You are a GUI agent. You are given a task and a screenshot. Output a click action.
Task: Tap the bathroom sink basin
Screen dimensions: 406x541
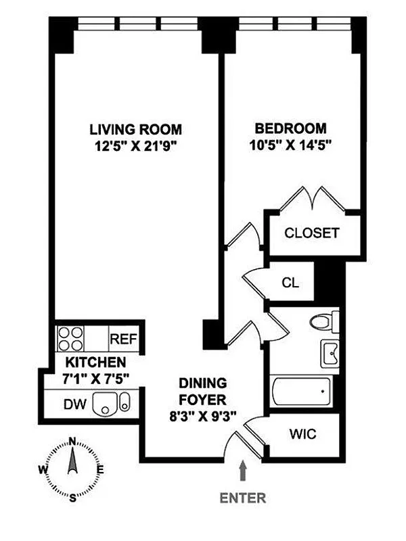330,354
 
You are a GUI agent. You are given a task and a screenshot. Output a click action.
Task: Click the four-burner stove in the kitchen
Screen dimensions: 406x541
70,339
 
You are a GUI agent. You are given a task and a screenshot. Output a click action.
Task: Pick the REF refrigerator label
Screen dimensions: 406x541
124,339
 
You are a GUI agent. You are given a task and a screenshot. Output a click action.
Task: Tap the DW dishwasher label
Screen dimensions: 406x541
75,404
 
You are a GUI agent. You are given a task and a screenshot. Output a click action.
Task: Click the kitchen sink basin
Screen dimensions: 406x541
106,404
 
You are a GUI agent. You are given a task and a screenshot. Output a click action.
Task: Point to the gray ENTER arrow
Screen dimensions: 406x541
244,470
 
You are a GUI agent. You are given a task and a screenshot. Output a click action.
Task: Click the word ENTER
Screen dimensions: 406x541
243,498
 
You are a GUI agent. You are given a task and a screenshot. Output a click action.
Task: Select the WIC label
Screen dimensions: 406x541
302,433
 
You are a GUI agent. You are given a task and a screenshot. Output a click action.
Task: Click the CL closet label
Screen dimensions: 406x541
290,283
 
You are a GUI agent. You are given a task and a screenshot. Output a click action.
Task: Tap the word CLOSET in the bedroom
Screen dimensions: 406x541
312,233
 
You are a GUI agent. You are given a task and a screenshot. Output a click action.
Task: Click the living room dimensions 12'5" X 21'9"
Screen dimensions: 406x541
136,146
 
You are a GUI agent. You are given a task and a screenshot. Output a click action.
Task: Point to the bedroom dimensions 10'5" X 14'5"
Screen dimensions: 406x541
290,145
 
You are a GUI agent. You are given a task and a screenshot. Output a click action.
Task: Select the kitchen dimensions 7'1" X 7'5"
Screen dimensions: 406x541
95,379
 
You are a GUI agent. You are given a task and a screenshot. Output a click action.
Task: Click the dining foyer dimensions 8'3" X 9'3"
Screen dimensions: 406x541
202,417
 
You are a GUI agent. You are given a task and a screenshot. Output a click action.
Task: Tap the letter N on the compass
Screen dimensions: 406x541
72,441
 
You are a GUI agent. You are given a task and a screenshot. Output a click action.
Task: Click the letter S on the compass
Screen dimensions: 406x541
73,498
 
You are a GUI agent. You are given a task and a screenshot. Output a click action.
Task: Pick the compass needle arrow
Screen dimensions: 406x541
72,460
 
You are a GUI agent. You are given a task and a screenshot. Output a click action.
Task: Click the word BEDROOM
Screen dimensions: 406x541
290,128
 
